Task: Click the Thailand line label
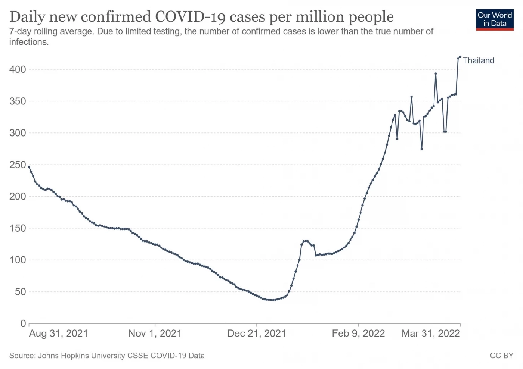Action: pyautogui.click(x=479, y=60)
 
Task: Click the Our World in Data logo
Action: pyautogui.click(x=495, y=20)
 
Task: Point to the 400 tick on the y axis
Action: pyautogui.click(x=18, y=69)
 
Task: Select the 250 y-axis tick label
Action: pyautogui.click(x=18, y=165)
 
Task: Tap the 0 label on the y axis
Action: pyautogui.click(x=23, y=323)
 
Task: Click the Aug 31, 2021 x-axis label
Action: pyautogui.click(x=58, y=333)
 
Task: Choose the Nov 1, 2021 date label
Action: pyautogui.click(x=155, y=333)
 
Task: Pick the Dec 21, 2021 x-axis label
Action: pyautogui.click(x=257, y=333)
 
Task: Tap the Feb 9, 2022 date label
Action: pyautogui.click(x=358, y=333)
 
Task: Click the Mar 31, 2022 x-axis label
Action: pyautogui.click(x=431, y=333)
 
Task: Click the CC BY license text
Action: pyautogui.click(x=502, y=356)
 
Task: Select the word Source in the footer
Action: pyautogui.click(x=22, y=356)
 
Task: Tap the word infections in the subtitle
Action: pyautogui.click(x=29, y=42)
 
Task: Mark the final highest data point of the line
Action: pyautogui.click(x=460, y=57)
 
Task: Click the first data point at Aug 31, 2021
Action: pyautogui.click(x=29, y=167)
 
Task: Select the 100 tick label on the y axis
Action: pyautogui.click(x=18, y=260)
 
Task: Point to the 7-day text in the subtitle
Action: pyautogui.click(x=20, y=31)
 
